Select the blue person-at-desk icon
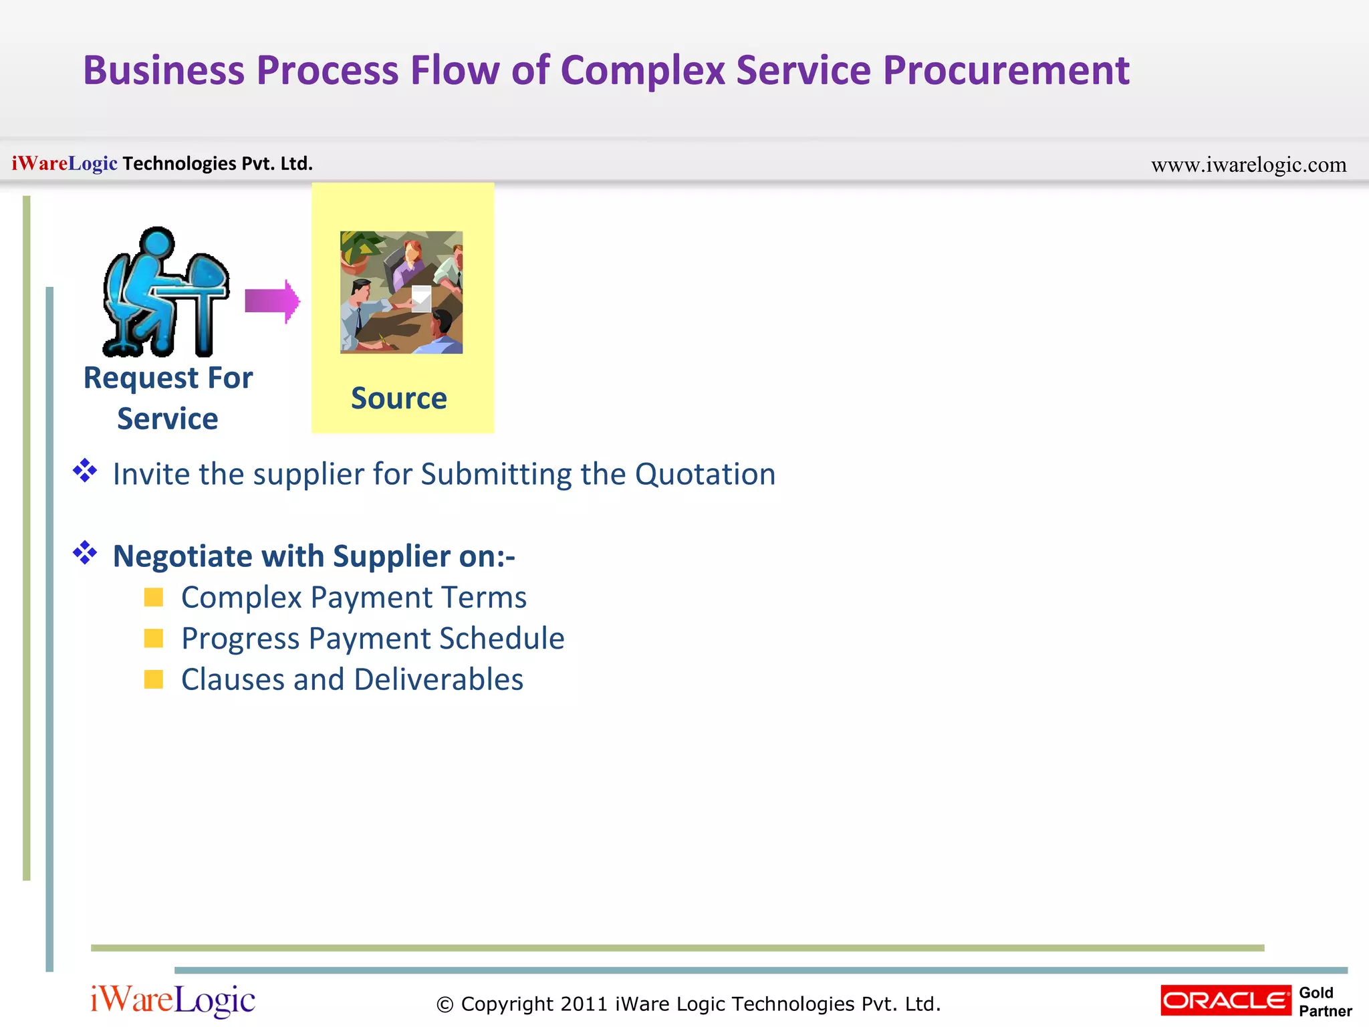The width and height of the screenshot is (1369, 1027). [166, 292]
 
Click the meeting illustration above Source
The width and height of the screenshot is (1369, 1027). [401, 292]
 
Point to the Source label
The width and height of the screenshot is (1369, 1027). [399, 398]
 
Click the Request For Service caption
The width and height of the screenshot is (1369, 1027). [168, 398]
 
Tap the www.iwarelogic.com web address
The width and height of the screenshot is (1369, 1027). [1248, 164]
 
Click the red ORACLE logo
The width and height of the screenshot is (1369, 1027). [1225, 1000]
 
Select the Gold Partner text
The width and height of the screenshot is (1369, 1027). [1324, 1002]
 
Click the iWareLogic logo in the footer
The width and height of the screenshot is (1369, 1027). [172, 1000]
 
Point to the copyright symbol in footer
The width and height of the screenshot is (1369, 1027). [445, 1005]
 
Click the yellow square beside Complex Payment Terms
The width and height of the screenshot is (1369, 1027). [154, 597]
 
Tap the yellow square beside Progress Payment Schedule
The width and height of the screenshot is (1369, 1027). [154, 639]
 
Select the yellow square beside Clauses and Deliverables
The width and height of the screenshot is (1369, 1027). [154, 679]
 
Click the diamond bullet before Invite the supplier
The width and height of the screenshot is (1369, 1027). [85, 471]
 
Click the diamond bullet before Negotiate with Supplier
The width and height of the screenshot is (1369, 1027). [85, 553]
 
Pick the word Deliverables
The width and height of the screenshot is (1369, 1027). [439, 679]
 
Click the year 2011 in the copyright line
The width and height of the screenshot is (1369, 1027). [584, 1004]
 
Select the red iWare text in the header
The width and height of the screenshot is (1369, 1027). [39, 163]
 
